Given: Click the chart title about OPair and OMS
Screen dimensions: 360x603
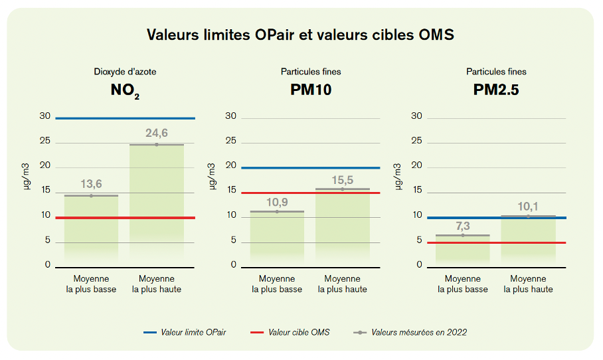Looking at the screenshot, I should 300,35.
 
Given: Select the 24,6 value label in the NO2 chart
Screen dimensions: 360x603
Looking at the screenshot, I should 157,134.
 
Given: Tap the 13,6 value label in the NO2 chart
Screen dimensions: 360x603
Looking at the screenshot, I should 91,184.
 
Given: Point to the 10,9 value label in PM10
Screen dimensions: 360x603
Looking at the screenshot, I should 277,201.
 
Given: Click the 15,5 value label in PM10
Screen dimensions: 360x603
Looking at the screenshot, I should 343,179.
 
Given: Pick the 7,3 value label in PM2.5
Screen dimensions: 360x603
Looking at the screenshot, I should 463,226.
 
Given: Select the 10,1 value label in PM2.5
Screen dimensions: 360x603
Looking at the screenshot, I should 529,207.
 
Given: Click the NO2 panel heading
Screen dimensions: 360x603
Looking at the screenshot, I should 125,91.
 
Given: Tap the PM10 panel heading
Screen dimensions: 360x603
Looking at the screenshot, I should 311,90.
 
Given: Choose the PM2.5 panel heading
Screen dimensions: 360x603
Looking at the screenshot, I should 496,90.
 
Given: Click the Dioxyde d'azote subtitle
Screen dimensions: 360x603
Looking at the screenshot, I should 125,72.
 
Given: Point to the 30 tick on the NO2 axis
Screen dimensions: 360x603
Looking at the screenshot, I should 45,116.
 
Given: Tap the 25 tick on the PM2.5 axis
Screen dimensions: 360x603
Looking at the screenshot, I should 417,141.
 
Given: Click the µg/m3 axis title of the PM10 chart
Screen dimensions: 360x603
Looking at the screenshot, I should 213,175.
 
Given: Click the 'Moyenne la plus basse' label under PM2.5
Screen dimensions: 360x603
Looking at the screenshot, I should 463,284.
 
